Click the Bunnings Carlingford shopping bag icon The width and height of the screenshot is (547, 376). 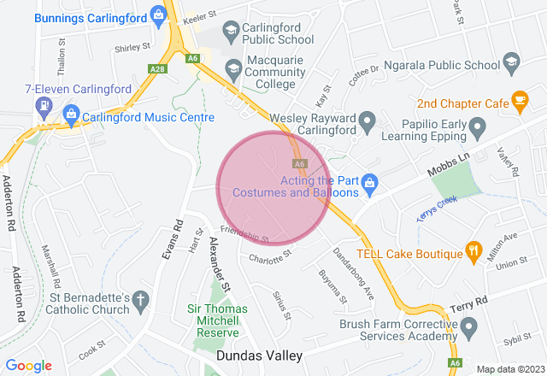(158, 14)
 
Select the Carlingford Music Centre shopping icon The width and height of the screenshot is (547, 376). (72, 115)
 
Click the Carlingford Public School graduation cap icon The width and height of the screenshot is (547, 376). (230, 32)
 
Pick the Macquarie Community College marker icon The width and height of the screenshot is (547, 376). (232, 68)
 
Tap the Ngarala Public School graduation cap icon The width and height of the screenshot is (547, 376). (511, 62)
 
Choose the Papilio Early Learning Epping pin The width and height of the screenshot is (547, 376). (477, 127)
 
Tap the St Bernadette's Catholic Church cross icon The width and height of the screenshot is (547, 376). (141, 300)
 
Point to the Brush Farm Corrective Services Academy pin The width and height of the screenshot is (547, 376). (468, 326)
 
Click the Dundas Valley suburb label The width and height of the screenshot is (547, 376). (260, 355)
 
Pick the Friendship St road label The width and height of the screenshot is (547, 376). (245, 233)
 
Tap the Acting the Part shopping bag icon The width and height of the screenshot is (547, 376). (369, 181)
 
